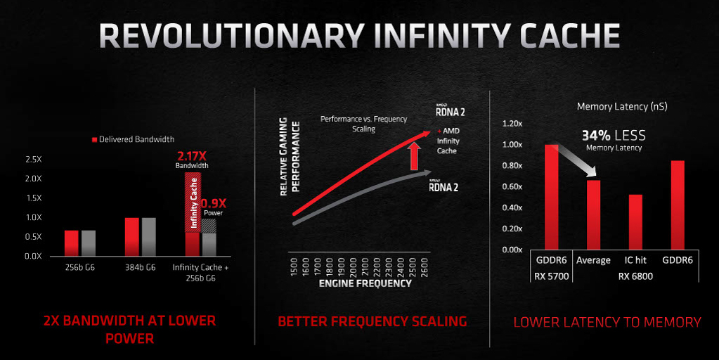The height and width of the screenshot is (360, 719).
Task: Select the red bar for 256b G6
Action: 72,243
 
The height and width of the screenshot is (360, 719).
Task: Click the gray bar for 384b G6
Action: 148,237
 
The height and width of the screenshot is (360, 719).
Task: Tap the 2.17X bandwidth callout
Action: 192,159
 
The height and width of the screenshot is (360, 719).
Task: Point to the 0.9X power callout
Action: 214,207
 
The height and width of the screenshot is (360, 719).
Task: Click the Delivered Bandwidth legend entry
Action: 133,139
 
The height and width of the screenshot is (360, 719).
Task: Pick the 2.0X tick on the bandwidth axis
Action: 34,179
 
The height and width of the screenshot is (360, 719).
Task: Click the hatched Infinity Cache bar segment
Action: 192,202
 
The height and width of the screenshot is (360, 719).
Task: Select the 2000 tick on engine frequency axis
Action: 353,267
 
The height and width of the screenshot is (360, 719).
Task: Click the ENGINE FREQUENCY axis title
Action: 365,283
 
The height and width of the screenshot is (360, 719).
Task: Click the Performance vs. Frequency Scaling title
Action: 363,124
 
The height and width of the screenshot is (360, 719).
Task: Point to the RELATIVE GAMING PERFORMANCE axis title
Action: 290,156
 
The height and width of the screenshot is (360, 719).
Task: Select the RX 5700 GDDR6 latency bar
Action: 551,197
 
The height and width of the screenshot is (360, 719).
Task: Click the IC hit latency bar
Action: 635,222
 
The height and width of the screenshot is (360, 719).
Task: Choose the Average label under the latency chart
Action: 593,260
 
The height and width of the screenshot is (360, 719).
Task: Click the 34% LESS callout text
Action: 614,135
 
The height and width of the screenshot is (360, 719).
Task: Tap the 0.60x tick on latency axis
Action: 512,186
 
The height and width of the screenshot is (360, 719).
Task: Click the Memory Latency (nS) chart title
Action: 622,106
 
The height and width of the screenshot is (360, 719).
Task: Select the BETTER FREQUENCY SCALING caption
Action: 373,321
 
